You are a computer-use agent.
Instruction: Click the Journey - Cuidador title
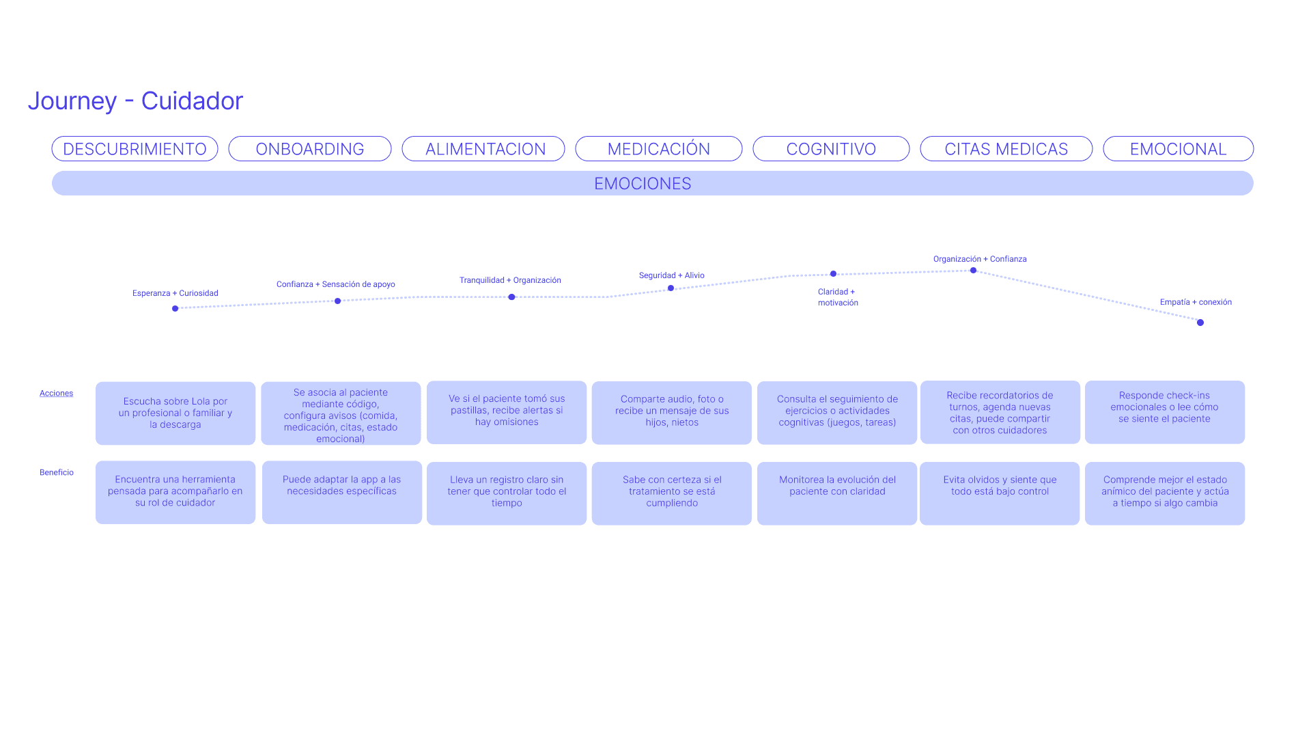coord(135,100)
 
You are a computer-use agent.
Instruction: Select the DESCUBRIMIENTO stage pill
coord(135,149)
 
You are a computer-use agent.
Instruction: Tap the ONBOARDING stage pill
coord(309,149)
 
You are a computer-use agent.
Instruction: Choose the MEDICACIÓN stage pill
coord(658,149)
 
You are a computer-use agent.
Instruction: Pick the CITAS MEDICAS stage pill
coord(1006,149)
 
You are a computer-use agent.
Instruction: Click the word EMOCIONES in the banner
coord(643,184)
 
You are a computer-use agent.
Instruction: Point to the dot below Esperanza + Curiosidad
coord(175,309)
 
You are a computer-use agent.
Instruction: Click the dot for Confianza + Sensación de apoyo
coord(338,301)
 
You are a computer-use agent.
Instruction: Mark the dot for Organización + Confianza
coord(974,271)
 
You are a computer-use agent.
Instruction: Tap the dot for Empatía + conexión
coord(1200,323)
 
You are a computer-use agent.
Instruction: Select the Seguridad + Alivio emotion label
coord(671,275)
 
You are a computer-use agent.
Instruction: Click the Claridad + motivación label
coord(838,297)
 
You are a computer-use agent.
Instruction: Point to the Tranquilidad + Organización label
coord(510,280)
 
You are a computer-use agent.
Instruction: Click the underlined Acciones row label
coord(56,394)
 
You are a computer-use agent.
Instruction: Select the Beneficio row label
coord(57,472)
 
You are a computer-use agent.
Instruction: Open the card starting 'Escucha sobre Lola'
coord(175,413)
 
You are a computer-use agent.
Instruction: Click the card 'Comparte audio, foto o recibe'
coord(672,413)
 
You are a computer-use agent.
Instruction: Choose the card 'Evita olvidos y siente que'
coord(1000,493)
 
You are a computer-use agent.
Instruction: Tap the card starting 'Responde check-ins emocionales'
coord(1164,412)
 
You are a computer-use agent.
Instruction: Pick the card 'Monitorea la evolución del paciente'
coord(837,493)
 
